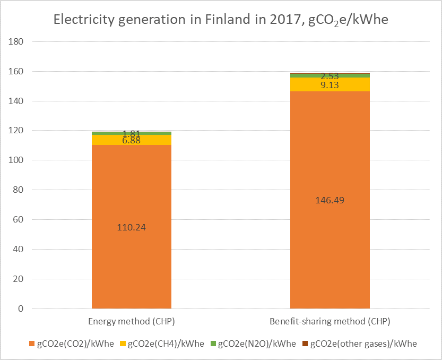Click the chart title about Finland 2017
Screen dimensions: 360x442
[x=220, y=21]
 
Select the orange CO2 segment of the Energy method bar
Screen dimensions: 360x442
[x=132, y=255]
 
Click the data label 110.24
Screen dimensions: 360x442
[x=132, y=227]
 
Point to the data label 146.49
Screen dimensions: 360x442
[x=330, y=200]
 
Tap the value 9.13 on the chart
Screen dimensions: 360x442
[x=330, y=84]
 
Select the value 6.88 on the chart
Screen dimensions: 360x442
[x=132, y=141]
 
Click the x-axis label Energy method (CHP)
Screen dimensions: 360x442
[x=132, y=322]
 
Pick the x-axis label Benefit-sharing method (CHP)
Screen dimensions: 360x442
[x=330, y=322]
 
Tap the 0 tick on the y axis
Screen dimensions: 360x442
[x=21, y=308]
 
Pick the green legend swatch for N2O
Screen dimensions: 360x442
[x=213, y=344]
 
